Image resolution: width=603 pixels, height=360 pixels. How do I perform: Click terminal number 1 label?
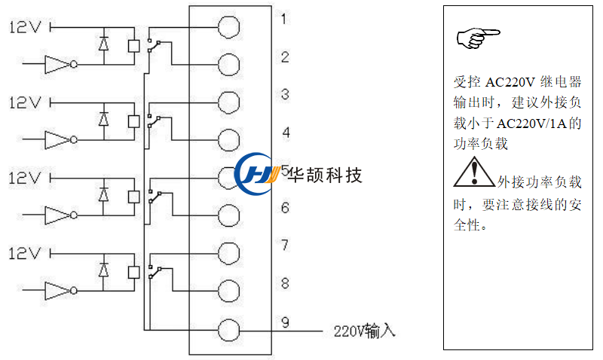(283, 18)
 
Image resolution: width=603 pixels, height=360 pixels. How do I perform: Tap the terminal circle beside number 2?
(229, 64)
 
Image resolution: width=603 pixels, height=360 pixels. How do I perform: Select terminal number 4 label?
(286, 133)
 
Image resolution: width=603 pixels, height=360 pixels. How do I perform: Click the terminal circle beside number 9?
(229, 330)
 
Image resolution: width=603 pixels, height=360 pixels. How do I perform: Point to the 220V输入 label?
(364, 331)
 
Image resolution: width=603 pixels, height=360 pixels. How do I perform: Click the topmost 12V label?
(24, 27)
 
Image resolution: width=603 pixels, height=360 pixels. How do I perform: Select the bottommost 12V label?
(24, 254)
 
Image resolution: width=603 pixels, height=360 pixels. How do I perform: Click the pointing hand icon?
(478, 36)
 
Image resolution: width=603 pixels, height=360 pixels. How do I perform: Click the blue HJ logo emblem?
(259, 175)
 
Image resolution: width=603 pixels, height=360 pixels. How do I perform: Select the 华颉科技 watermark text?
(325, 175)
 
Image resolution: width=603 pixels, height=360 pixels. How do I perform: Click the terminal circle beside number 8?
(229, 290)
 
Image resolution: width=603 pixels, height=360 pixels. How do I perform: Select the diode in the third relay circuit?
(103, 194)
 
